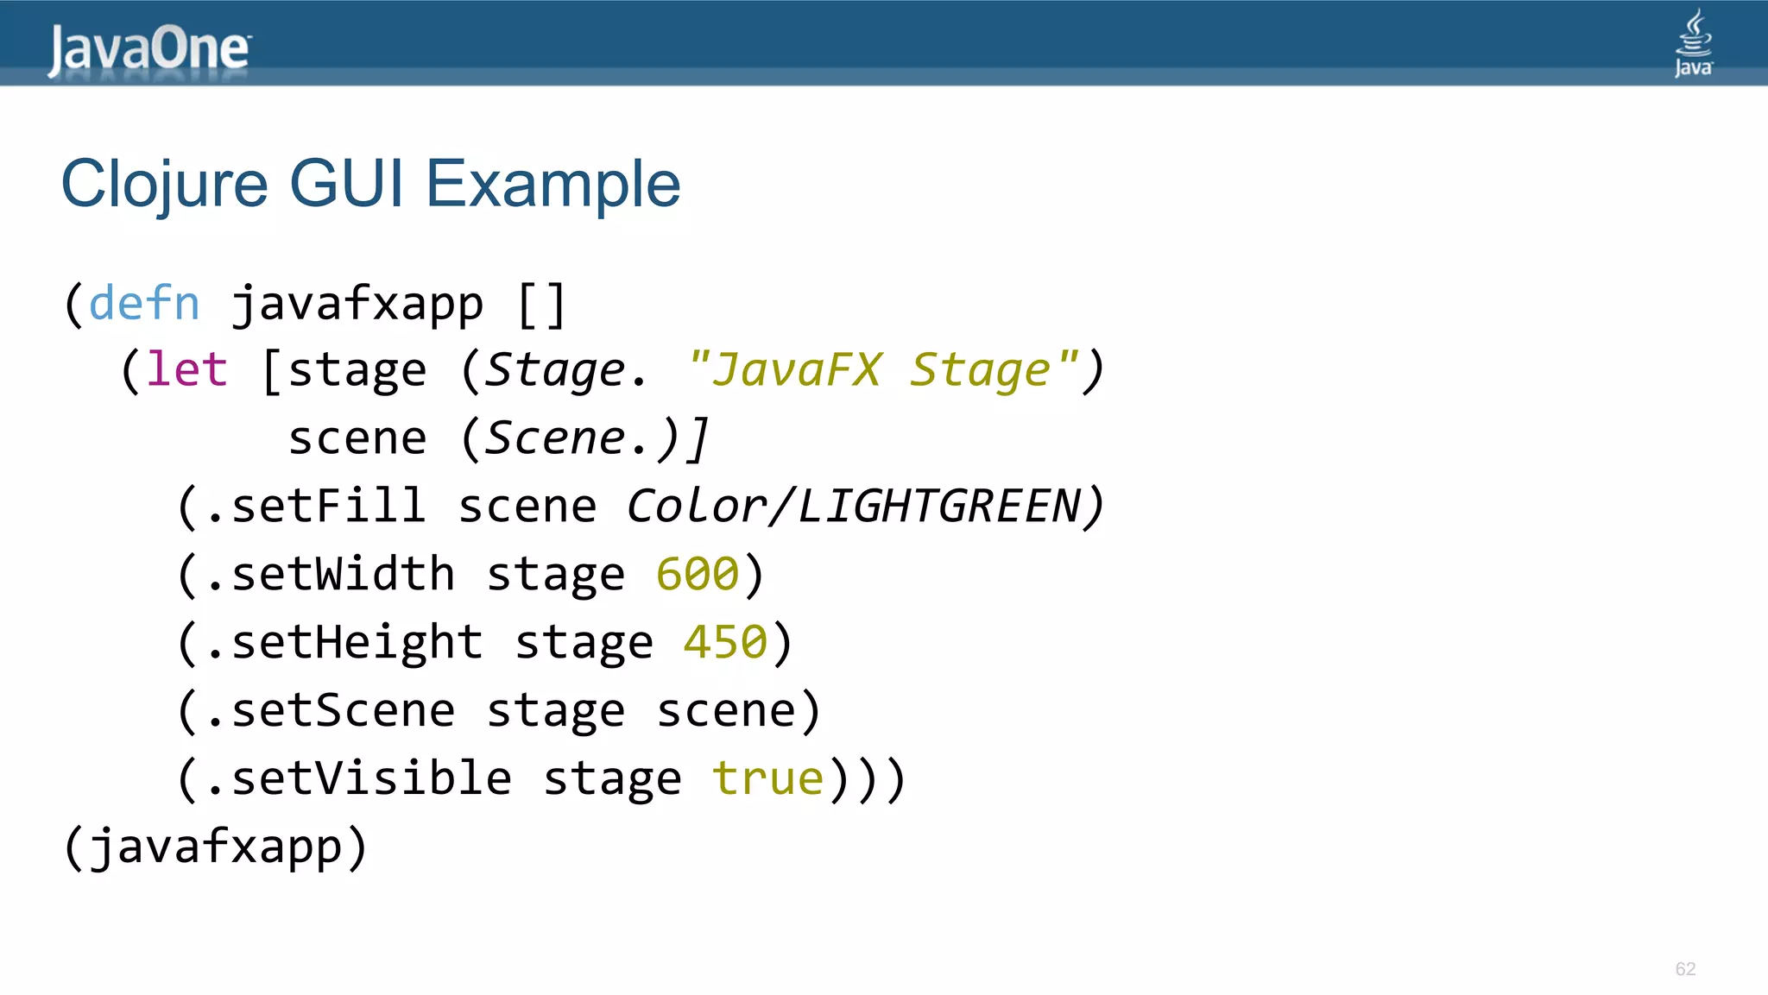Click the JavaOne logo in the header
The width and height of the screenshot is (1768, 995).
pyautogui.click(x=149, y=49)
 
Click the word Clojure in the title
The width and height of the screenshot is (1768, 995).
pyautogui.click(x=165, y=185)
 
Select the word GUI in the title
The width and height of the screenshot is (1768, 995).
pyautogui.click(x=346, y=183)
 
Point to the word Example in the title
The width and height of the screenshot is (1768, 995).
pyautogui.click(x=553, y=185)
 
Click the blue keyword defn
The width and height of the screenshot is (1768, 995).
pyautogui.click(x=144, y=304)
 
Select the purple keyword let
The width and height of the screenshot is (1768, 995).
pyautogui.click(x=186, y=370)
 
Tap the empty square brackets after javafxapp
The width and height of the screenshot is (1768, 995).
pyautogui.click(x=541, y=305)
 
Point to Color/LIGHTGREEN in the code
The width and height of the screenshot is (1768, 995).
pyautogui.click(x=853, y=506)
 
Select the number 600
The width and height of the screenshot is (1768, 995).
pyautogui.click(x=698, y=574)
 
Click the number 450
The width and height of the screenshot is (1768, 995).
pyautogui.click(x=725, y=642)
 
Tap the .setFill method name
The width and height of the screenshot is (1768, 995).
pyautogui.click(x=316, y=506)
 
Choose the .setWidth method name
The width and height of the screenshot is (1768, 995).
pyautogui.click(x=330, y=574)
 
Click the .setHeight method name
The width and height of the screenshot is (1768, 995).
pyautogui.click(x=344, y=642)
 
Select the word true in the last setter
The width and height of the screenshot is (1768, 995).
pyautogui.click(x=767, y=778)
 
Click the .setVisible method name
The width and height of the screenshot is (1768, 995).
pyautogui.click(x=358, y=778)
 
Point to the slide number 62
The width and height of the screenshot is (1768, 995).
pyautogui.click(x=1685, y=969)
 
